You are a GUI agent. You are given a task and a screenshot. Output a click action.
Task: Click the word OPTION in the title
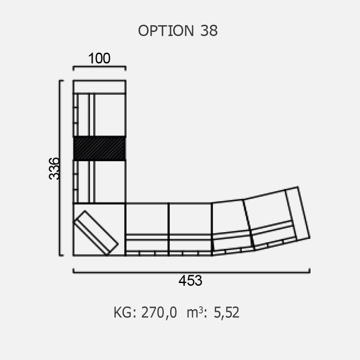pos(166,31)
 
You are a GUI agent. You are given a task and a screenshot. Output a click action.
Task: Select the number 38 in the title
pos(209,31)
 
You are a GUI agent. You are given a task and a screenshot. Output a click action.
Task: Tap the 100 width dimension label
pos(99,58)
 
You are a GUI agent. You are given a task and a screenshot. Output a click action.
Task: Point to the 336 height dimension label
pos(54,168)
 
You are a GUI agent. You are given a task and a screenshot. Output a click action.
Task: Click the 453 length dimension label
pos(190,280)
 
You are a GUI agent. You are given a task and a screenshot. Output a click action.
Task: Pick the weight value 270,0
pos(159,312)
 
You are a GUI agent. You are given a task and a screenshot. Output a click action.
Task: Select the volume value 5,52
pos(226,312)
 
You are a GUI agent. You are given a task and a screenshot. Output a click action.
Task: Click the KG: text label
pos(126,312)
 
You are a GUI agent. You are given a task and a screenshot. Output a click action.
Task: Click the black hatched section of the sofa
pos(99,148)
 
